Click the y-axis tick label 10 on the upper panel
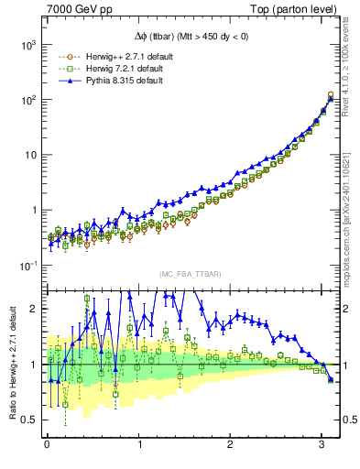31,155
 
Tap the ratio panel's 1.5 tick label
30,337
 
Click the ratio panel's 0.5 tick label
30,420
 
